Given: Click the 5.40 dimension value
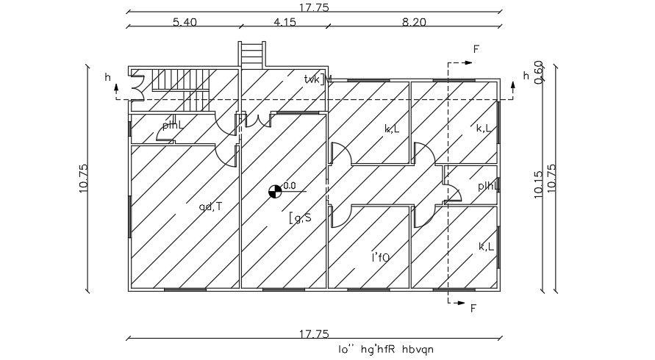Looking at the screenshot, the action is pyautogui.click(x=185, y=22).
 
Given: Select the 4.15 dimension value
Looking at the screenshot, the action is pyautogui.click(x=284, y=22).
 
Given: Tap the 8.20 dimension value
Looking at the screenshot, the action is pyautogui.click(x=414, y=22).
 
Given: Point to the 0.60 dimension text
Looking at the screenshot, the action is pyautogui.click(x=539, y=72).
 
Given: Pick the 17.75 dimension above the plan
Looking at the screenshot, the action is pyautogui.click(x=314, y=7).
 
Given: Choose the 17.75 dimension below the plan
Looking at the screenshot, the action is pyautogui.click(x=314, y=334).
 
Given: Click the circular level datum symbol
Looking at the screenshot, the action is pyautogui.click(x=275, y=192).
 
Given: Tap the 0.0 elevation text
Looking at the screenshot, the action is pyautogui.click(x=290, y=186).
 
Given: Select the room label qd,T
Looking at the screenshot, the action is pyautogui.click(x=210, y=206).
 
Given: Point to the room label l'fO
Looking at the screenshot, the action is pyautogui.click(x=380, y=256).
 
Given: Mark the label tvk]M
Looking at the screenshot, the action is pyautogui.click(x=318, y=79).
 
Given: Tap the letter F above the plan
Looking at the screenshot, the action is pyautogui.click(x=476, y=49).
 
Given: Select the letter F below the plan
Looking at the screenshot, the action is pyautogui.click(x=473, y=308).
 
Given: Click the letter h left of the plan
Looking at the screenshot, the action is pyautogui.click(x=107, y=76).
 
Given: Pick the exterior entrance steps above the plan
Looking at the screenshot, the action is pyautogui.click(x=251, y=54).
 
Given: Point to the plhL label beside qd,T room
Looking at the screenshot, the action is pyautogui.click(x=173, y=125).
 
